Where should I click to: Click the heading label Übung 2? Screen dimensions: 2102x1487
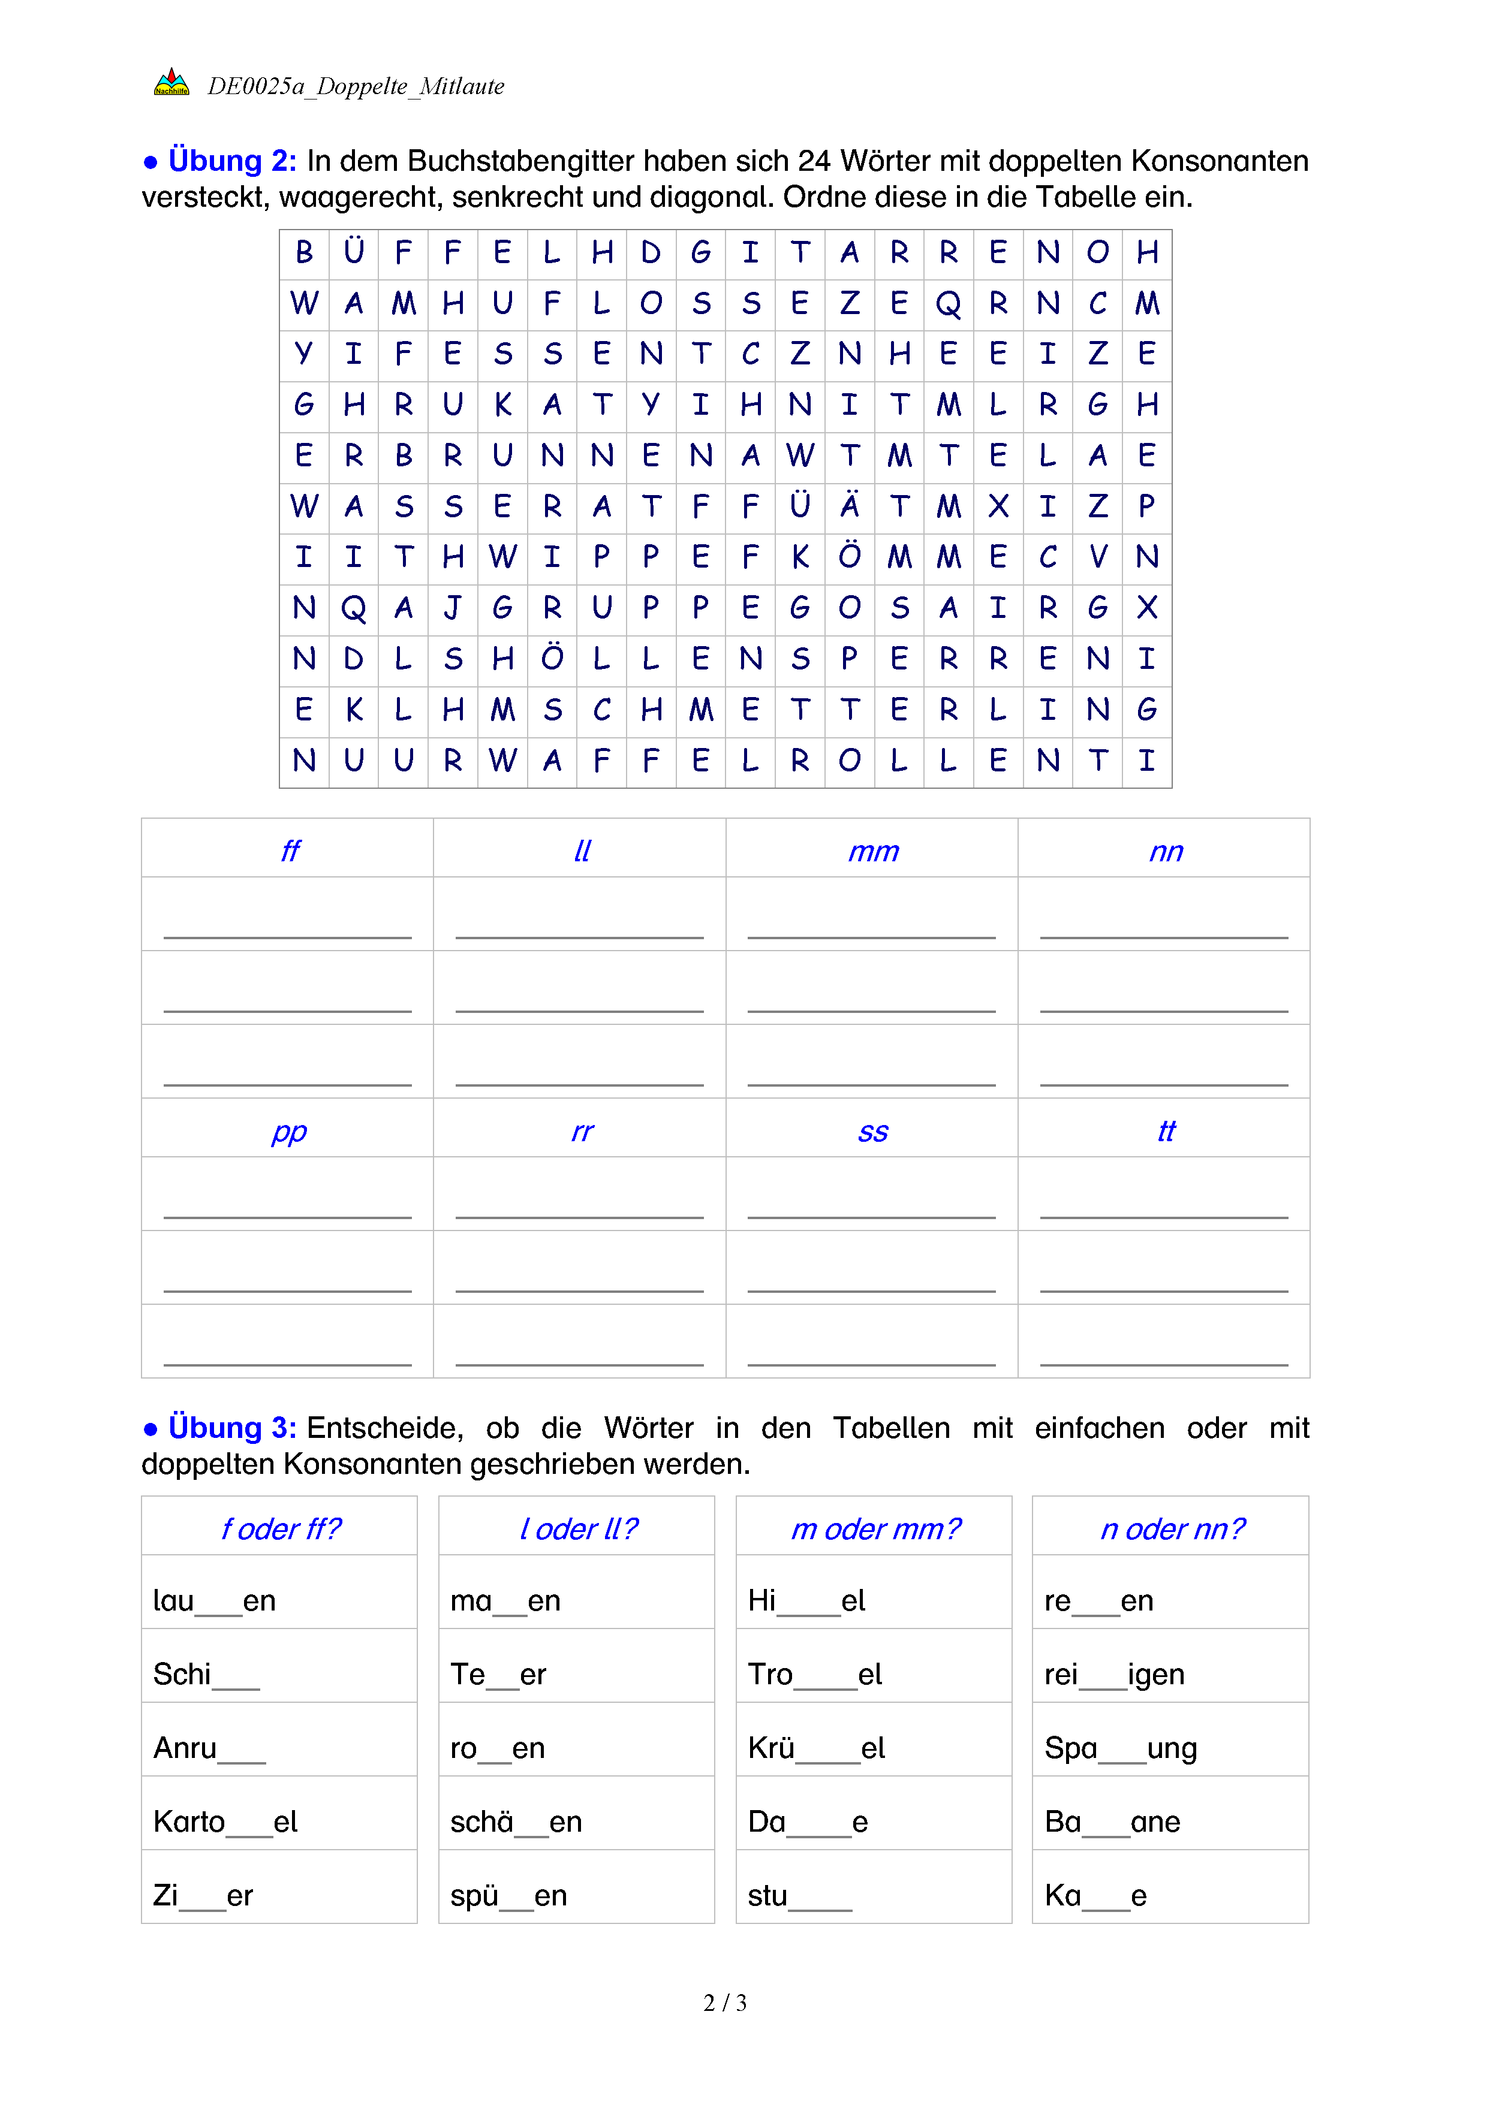pyautogui.click(x=231, y=161)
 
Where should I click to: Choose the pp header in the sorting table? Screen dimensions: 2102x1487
pyautogui.click(x=290, y=1132)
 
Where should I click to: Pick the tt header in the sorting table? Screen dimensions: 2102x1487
pyautogui.click(x=1166, y=1132)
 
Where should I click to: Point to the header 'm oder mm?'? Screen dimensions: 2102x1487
pyautogui.click(x=875, y=1529)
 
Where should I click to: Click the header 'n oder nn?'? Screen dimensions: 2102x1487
pyautogui.click(x=1172, y=1529)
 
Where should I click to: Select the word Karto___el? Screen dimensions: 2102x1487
pyautogui.click(x=225, y=1822)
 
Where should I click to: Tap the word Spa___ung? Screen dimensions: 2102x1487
pyautogui.click(x=1121, y=1748)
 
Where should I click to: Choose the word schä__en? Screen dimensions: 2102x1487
pyautogui.click(x=516, y=1822)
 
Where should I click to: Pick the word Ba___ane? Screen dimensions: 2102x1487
pyautogui.click(x=1112, y=1822)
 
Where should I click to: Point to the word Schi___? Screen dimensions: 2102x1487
pyautogui.click(x=206, y=1675)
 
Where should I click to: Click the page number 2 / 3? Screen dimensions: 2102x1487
pyautogui.click(x=725, y=2003)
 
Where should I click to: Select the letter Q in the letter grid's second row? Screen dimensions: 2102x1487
pyautogui.click(x=949, y=304)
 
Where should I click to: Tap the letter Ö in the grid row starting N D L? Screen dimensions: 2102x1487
pyautogui.click(x=552, y=658)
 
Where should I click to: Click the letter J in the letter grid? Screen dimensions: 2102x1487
pyautogui.click(x=452, y=608)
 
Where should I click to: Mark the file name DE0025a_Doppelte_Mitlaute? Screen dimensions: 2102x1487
pyautogui.click(x=356, y=86)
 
